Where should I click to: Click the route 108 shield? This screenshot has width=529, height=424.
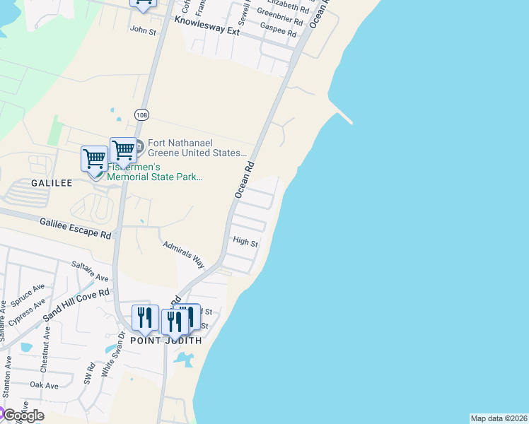coord(141,114)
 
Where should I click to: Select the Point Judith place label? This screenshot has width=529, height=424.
coord(165,341)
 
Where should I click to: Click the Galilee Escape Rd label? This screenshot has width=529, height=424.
coord(76,227)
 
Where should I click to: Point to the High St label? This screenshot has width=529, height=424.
coord(245,242)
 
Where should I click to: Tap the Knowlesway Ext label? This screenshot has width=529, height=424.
coord(207,27)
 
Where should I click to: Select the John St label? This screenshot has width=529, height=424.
coord(142,30)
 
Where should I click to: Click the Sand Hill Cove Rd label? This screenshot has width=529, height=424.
coord(76,305)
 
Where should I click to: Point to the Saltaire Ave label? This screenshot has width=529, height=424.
coord(90,271)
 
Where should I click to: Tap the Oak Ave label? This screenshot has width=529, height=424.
coord(44,385)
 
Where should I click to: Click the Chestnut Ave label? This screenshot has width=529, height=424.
coord(45,351)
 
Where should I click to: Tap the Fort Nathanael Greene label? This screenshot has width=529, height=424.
coord(197,148)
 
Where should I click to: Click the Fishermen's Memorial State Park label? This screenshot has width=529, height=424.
coord(155,173)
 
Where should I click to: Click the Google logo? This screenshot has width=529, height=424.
coord(23,415)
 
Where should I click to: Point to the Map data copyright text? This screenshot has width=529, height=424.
coord(499,418)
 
